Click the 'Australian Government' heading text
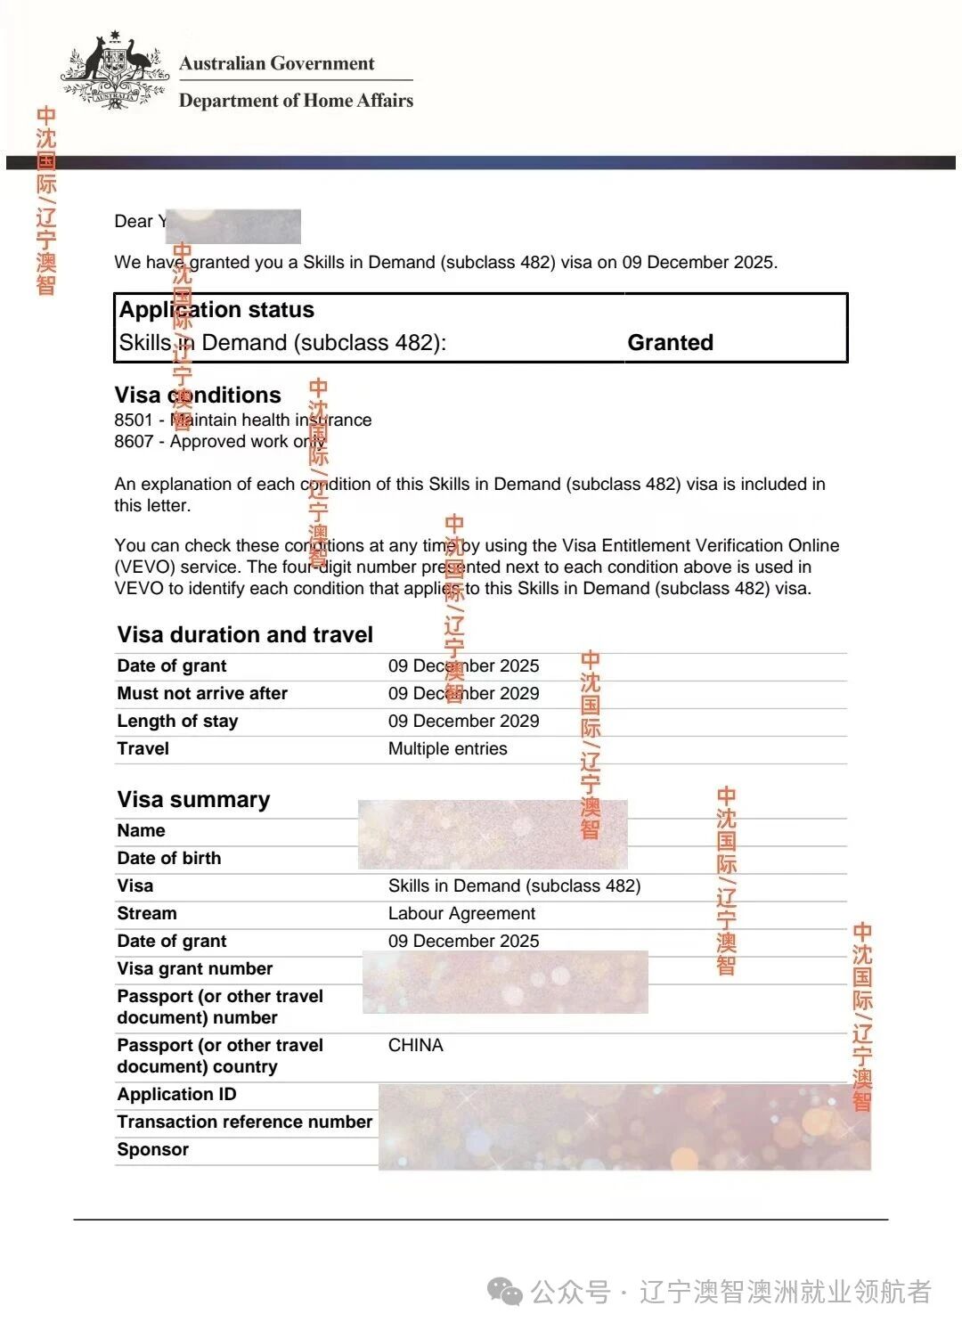276,63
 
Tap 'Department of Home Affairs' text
296,101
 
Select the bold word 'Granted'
670,343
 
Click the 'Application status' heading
216,310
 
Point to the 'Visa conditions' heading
197,395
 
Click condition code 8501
134,420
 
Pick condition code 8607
134,441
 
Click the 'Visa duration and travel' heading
245,634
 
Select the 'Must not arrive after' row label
202,693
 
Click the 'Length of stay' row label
177,721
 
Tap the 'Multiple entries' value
447,748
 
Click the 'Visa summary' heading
193,799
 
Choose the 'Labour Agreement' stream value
461,913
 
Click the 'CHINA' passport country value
415,1045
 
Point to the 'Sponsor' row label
152,1149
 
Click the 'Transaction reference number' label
244,1122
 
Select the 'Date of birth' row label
168,858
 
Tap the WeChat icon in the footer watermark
506,1292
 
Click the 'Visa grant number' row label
194,968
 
